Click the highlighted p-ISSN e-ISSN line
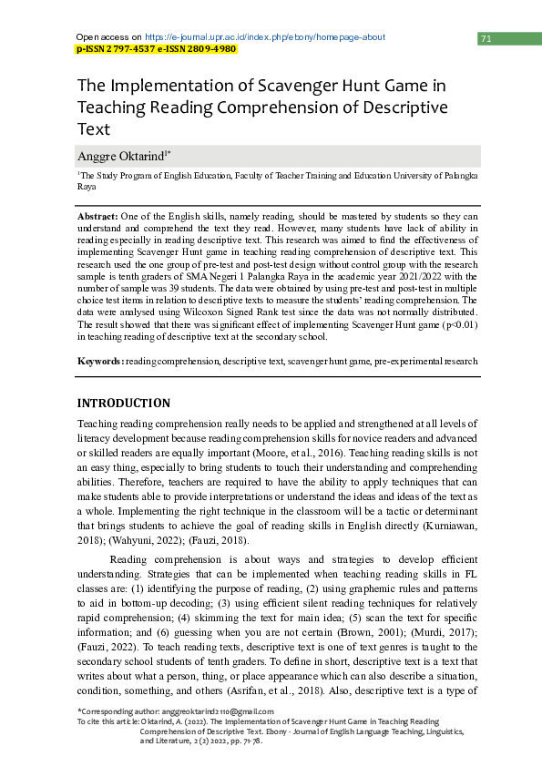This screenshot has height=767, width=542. [156, 49]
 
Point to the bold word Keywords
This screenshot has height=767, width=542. [100, 361]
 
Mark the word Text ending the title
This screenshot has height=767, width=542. [94, 128]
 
